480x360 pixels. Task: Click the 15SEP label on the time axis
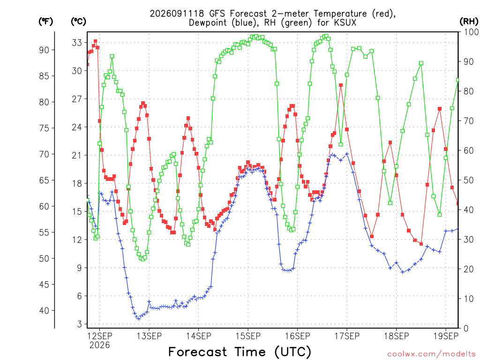click(248, 336)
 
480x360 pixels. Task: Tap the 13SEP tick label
click(149, 336)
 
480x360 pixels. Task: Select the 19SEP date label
click(446, 336)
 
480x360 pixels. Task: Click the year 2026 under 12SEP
click(99, 345)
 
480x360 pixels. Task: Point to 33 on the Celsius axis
click(77, 43)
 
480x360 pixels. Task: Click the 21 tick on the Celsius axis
click(77, 155)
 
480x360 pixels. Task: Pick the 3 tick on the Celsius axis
click(80, 324)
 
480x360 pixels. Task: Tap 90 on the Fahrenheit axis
click(44, 50)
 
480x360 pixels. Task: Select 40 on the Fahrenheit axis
click(44, 311)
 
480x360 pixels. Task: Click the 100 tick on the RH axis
click(471, 32)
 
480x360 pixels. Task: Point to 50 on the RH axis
click(469, 180)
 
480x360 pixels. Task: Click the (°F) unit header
click(45, 22)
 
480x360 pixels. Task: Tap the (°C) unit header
click(78, 22)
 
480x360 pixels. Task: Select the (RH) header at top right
click(469, 22)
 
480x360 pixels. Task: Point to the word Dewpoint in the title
click(209, 23)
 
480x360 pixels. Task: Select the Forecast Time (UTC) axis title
click(240, 352)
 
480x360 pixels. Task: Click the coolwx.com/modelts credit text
click(431, 354)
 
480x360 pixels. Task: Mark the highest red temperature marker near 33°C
click(96, 41)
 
